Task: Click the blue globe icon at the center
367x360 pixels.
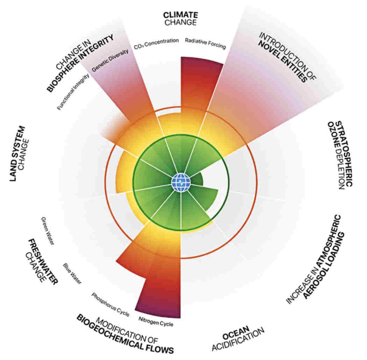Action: pos(181,183)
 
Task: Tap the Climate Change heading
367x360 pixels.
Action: pos(180,19)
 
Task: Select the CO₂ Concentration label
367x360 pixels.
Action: pos(156,44)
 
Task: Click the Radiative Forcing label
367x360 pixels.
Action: pos(206,44)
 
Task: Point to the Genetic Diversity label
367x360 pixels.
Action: pos(110,60)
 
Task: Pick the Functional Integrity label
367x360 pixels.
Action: pos(73,91)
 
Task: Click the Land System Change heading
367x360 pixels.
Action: pos(20,154)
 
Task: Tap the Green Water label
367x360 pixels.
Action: pos(48,231)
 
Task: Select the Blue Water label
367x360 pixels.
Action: pos(72,274)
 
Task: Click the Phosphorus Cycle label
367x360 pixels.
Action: pos(110,305)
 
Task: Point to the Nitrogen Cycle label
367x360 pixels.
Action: pos(156,322)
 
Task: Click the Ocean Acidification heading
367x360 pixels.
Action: pos(238,338)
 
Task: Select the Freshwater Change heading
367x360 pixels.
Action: pos(42,261)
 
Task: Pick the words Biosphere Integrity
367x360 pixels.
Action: pos(80,63)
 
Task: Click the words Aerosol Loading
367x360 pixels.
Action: pos(324,265)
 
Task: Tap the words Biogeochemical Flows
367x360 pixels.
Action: pos(125,335)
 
